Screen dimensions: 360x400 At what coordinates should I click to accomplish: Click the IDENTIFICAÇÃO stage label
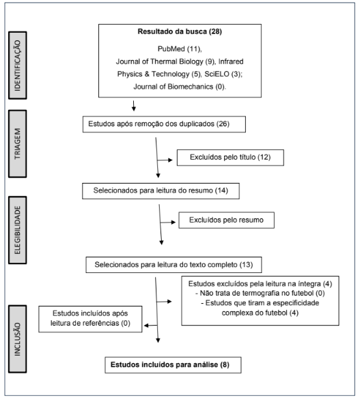[17, 66]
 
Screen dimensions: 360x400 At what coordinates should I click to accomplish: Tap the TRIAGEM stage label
[17, 143]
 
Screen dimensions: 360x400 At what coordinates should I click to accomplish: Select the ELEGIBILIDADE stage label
[17, 230]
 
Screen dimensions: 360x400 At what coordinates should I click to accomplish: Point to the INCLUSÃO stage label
[17, 339]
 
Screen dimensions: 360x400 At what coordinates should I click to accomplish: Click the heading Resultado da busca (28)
[180, 31]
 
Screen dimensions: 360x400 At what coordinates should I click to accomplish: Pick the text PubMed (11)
[180, 48]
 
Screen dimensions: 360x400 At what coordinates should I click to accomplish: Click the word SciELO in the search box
[217, 74]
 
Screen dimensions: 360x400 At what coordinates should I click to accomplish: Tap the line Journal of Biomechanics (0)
[180, 87]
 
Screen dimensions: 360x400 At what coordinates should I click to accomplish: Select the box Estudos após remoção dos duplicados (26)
[164, 124]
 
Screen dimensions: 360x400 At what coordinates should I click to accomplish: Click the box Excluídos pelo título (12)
[230, 158]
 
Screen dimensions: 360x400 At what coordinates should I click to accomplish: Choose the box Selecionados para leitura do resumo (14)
[161, 191]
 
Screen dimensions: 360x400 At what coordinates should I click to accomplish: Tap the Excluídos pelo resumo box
[227, 220]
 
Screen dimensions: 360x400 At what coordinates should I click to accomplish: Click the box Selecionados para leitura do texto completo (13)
[174, 265]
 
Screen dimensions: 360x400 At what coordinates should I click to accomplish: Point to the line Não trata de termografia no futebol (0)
[260, 293]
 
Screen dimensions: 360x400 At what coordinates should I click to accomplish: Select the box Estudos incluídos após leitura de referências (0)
[90, 319]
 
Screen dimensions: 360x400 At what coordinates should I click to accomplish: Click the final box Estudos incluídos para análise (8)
[173, 365]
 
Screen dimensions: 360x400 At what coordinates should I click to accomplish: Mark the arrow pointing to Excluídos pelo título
[165, 160]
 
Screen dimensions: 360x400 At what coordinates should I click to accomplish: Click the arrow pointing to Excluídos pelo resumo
[168, 223]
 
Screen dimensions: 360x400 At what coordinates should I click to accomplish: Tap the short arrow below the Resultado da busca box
[133, 106]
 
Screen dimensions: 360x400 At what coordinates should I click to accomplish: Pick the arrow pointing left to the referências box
[151, 326]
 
